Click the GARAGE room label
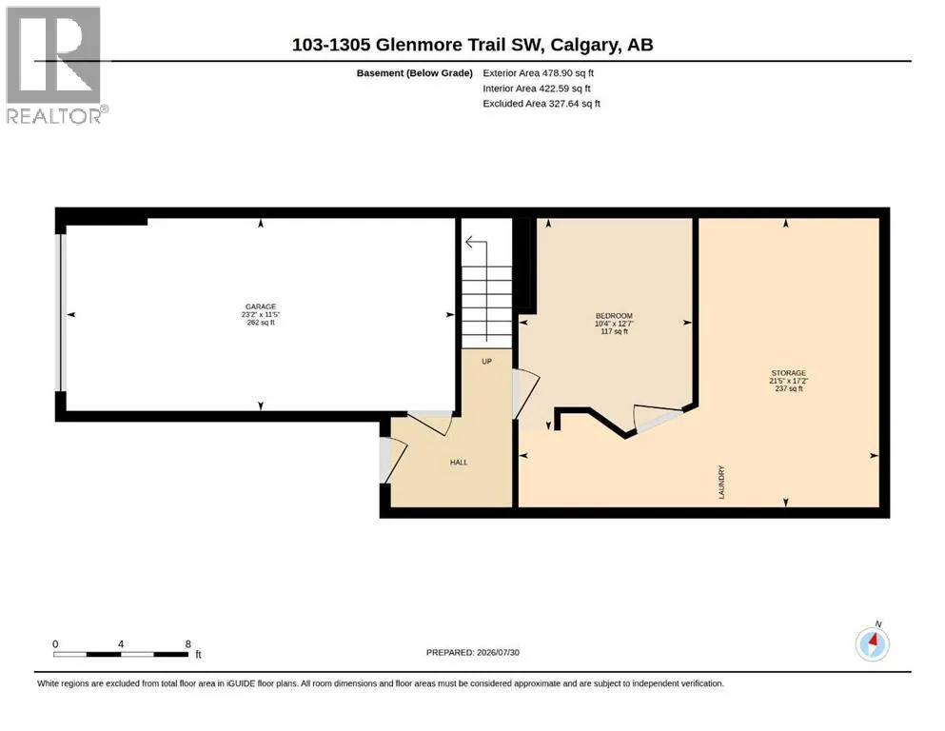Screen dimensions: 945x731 [x=261, y=306]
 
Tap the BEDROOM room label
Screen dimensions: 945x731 [x=614, y=316]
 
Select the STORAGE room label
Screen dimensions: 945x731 [x=788, y=373]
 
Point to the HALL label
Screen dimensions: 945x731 [x=459, y=463]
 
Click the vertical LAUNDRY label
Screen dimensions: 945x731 [x=721, y=483]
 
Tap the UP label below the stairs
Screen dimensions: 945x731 [x=487, y=362]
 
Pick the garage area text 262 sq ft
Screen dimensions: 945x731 [x=261, y=323]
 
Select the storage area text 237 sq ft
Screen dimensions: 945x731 [x=789, y=388]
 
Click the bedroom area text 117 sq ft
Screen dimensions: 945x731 [x=615, y=331]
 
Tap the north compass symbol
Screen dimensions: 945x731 [x=873, y=643]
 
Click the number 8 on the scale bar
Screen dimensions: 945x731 [x=188, y=643]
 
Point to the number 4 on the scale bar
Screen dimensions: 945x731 [x=121, y=643]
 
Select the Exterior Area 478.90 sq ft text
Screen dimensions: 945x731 [x=539, y=73]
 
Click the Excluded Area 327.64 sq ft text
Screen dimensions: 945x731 [x=541, y=104]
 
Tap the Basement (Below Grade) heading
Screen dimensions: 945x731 [x=415, y=73]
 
